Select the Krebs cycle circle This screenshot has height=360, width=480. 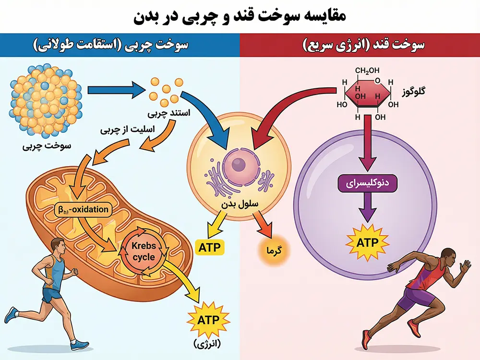tap(143, 252)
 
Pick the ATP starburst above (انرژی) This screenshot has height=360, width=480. tap(207, 319)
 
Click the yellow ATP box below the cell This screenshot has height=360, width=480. tap(210, 248)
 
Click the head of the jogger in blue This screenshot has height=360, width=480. tap(56, 244)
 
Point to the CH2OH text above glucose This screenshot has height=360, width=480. tap(367, 72)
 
